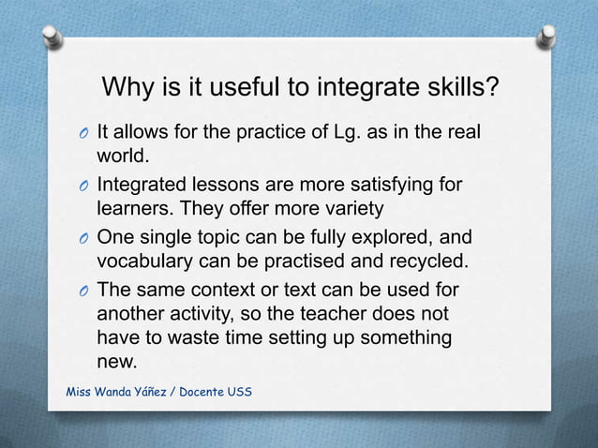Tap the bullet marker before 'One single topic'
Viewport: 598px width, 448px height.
point(82,237)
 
